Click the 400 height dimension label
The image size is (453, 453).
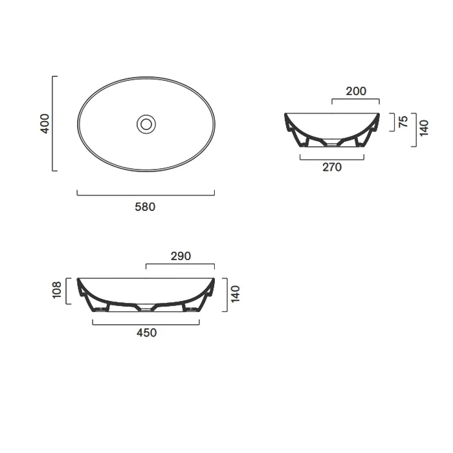[x=45, y=124]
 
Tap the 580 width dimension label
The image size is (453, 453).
[x=145, y=207]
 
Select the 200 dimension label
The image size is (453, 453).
[x=356, y=91]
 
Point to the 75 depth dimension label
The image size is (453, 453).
[x=403, y=122]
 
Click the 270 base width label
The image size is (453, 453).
[x=332, y=167]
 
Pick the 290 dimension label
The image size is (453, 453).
[x=181, y=256]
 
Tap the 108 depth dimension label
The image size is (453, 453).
[x=57, y=290]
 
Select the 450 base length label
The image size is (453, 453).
[x=146, y=333]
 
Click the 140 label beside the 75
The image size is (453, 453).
[x=424, y=129]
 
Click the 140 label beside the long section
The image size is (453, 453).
[x=236, y=294]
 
